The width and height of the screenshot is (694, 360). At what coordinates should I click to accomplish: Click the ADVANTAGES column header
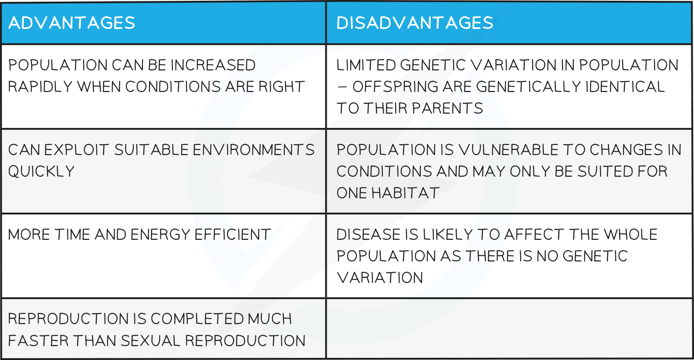pos(72,22)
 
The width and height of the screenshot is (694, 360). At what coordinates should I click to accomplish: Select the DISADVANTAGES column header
pos(414,22)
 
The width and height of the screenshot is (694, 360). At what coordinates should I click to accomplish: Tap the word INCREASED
pos(213,65)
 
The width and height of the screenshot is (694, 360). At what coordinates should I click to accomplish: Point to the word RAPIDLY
pos(40,86)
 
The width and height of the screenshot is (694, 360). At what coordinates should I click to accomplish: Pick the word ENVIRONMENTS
pos(254,150)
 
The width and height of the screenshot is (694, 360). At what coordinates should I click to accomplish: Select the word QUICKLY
pos(41,171)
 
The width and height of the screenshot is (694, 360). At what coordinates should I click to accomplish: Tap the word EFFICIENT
pos(232,235)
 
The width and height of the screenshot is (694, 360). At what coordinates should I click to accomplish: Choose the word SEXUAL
pos(150,341)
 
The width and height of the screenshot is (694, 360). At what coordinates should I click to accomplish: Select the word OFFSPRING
pos(395,86)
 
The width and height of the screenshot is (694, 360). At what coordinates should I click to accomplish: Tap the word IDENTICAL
pos(625,86)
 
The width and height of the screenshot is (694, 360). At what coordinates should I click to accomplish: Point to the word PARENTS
pos(447,108)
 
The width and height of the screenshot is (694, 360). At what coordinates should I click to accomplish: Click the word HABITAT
pos(405,193)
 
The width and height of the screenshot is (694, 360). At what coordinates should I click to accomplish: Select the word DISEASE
pos(368,235)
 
